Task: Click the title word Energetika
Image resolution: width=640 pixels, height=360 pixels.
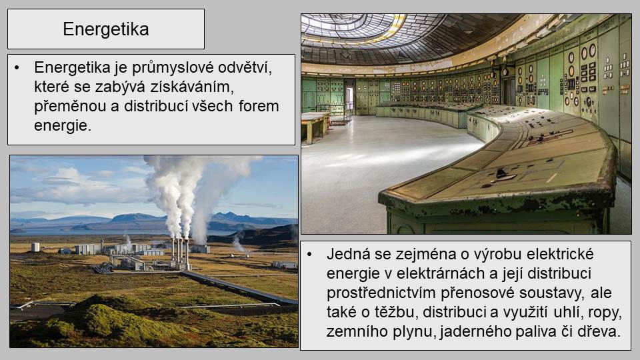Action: pyautogui.click(x=106, y=29)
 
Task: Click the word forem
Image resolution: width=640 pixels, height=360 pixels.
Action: pyautogui.click(x=259, y=106)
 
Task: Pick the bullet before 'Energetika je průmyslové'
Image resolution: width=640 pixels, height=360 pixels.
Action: pyautogui.click(x=17, y=68)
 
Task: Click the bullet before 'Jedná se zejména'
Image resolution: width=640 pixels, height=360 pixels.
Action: pyautogui.click(x=309, y=254)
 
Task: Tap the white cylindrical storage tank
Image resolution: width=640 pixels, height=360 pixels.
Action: pyautogui.click(x=35, y=247)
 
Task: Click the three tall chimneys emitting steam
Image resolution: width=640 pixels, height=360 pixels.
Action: pyautogui.click(x=180, y=253)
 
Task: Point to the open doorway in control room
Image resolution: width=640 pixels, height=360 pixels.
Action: pyautogui.click(x=349, y=100)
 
